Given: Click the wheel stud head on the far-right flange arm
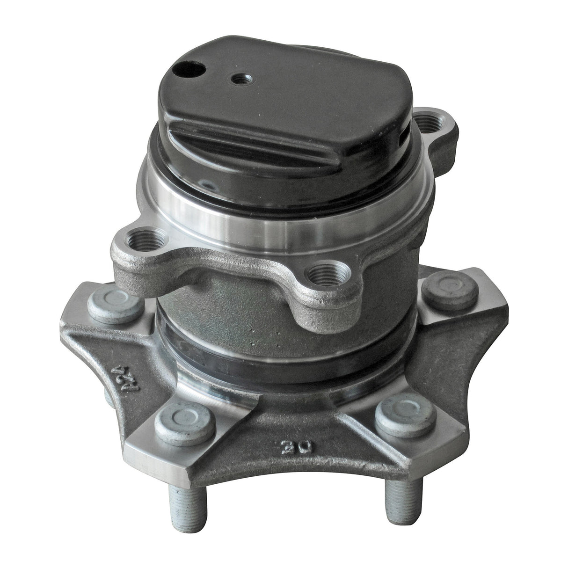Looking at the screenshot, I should [x=449, y=290].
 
